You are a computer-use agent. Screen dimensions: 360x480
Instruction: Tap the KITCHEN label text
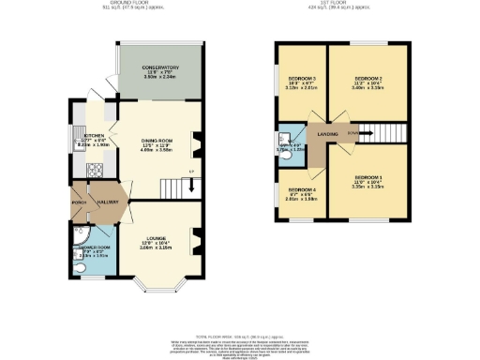[93, 135]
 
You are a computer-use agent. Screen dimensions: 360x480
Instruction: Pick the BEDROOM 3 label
[302, 79]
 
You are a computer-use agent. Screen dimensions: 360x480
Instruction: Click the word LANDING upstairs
[327, 135]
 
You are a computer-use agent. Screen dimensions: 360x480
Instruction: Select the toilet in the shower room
[83, 268]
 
